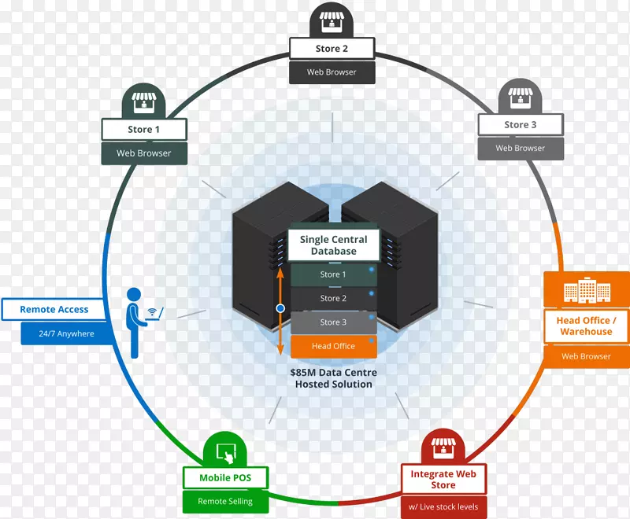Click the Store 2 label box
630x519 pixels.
[x=332, y=49]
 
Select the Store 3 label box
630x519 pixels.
[x=521, y=124]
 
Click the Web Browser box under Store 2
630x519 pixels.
[x=332, y=72]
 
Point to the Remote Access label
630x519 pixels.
[x=54, y=310]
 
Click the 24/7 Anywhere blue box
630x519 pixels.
[x=66, y=333]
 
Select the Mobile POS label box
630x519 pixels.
[x=226, y=477]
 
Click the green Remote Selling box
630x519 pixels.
[x=225, y=501]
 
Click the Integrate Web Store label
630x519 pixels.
[x=443, y=479]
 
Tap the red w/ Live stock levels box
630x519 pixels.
[x=443, y=507]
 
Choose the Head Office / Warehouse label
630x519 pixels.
[x=586, y=326]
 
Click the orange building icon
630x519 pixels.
[x=586, y=291]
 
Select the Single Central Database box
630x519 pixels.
[x=333, y=245]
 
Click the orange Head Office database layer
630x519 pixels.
[x=333, y=346]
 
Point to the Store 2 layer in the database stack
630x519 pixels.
[x=333, y=298]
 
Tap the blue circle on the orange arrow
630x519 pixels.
[x=280, y=308]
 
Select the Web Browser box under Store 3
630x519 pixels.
[x=521, y=148]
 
